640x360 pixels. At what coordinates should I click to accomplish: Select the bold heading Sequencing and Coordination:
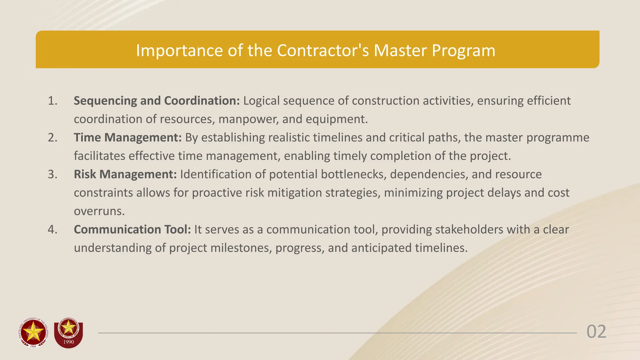157,101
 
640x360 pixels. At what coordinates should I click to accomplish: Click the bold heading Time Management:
127,137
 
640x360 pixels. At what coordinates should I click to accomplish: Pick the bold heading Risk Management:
125,174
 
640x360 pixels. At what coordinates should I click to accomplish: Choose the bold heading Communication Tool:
132,229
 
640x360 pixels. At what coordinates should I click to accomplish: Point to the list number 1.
52,101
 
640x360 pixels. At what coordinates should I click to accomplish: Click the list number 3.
52,174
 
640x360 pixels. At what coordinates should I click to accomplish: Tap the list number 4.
52,229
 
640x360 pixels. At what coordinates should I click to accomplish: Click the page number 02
596,332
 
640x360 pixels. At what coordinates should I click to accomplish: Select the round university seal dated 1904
33,333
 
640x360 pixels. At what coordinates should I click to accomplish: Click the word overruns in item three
99,211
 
